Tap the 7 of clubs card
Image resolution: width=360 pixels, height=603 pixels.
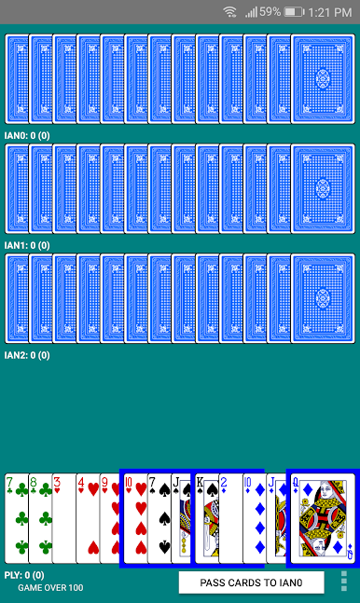pos(17,518)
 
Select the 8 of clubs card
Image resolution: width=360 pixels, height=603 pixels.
pos(40,518)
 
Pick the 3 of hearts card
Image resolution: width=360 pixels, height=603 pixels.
pos(64,518)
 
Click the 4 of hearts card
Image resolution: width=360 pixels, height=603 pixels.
pos(89,518)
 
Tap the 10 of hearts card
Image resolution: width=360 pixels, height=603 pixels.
pos(135,518)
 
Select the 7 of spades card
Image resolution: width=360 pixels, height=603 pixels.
pos(159,518)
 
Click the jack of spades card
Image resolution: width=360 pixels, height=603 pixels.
pos(181,518)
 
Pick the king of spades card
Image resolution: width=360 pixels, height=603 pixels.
pos(207,518)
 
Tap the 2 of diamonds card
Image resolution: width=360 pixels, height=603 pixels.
pos(231,518)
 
